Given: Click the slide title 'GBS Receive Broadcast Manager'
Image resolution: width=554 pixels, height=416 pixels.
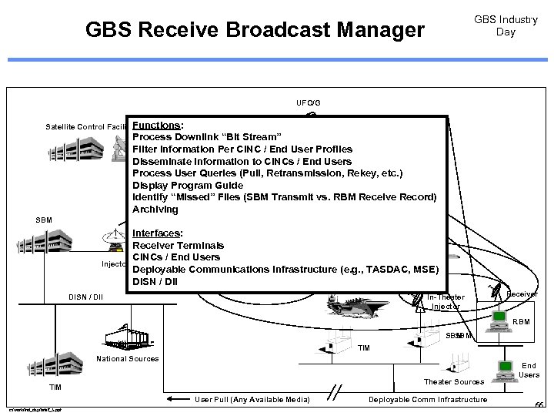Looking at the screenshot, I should point(255,30).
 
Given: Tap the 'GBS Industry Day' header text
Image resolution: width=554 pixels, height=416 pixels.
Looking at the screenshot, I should point(506,25).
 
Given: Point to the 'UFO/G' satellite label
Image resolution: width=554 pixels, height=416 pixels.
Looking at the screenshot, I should point(309,102).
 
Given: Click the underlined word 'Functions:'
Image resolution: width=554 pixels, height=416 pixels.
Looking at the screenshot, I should point(158,125).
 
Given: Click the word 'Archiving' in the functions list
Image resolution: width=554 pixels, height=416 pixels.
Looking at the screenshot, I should point(155,210).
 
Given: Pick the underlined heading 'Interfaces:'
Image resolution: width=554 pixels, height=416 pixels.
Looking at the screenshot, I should point(158,233).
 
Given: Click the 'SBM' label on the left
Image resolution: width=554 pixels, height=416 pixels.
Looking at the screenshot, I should point(44,220).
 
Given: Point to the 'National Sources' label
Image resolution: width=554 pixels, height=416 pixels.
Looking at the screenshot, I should point(128,359).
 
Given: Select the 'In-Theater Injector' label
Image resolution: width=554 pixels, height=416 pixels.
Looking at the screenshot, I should point(446,301).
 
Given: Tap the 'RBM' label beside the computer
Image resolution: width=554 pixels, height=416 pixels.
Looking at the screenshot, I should point(521,321).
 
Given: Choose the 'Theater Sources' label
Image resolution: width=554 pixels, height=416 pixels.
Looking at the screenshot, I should point(454,382).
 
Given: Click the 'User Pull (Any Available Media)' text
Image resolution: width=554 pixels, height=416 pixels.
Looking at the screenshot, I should point(252,399).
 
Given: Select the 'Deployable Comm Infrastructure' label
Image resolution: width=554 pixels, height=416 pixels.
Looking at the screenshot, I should point(428,399).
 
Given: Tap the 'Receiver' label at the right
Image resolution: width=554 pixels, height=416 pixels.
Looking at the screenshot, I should point(522,294).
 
